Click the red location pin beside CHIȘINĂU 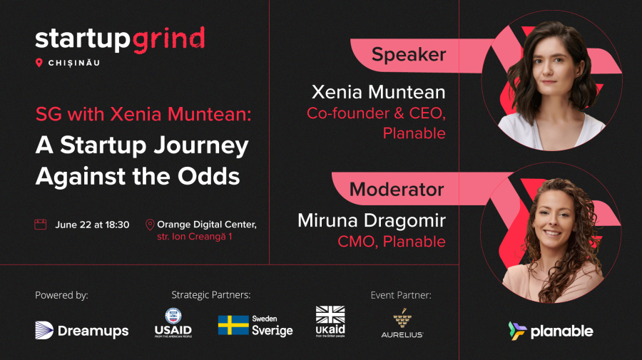39,63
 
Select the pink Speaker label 408,54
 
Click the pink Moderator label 397,190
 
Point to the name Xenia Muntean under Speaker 378,92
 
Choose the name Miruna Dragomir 372,220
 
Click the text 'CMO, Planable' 392,242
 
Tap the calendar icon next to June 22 41,225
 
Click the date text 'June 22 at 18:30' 92,225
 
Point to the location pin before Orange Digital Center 150,225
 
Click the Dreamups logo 82,330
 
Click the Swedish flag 233,325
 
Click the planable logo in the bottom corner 550,331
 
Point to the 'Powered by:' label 61,294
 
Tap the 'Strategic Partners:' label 211,294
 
